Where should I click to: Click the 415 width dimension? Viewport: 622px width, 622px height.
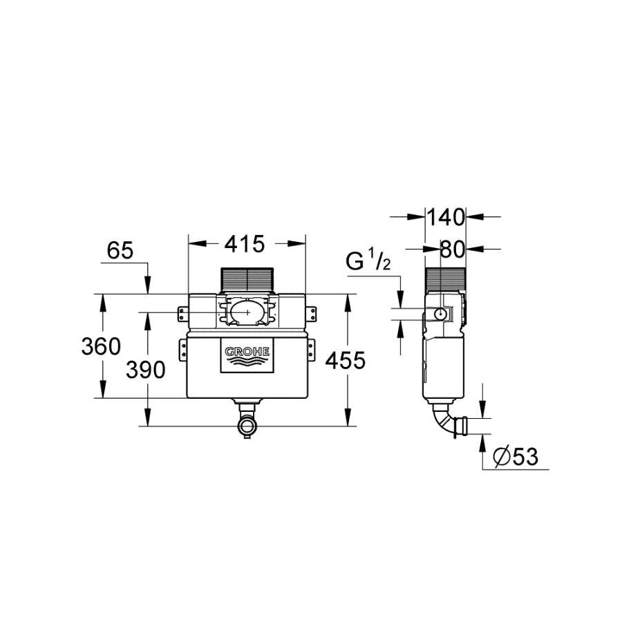245,244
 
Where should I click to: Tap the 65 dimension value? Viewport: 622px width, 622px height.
120,250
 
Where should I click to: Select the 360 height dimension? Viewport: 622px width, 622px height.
101,346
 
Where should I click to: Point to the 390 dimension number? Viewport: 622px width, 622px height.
146,370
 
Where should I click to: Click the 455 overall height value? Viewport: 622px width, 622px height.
345,361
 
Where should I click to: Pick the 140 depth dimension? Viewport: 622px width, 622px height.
445,217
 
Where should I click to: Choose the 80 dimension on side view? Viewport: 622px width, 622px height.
453,250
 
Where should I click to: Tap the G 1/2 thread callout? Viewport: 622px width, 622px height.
368,261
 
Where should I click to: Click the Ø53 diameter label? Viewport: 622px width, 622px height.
516,456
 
